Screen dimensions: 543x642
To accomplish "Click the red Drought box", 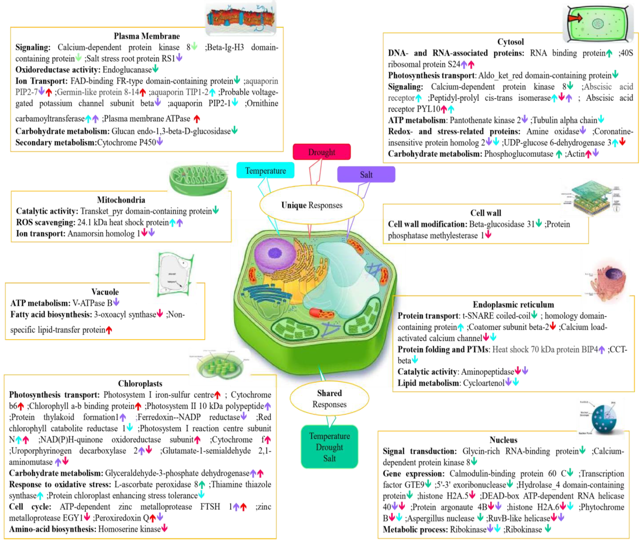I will pos(321,152).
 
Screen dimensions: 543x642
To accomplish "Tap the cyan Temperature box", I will pos(265,170).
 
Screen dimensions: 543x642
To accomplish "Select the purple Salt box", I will pos(366,174).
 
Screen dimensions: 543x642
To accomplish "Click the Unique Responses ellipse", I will pos(312,205).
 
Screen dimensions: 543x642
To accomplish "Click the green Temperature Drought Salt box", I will pos(329,447).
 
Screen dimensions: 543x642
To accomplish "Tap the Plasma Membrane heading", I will pos(147,36).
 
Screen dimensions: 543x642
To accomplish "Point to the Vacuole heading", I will pos(105,292).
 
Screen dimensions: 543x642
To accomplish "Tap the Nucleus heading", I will pos(503,440).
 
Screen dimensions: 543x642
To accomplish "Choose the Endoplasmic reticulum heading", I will pos(513,305).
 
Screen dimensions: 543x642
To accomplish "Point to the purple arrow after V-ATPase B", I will pos(116,302).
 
